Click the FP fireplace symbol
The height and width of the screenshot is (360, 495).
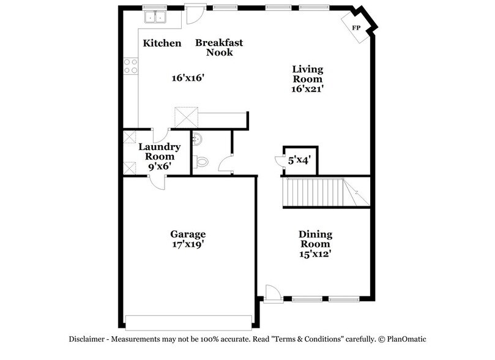click(355, 28)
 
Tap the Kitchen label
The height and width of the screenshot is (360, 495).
click(162, 43)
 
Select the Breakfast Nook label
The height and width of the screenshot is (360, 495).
click(219, 47)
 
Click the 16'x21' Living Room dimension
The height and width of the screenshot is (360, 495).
click(307, 89)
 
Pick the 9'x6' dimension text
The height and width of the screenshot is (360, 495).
click(159, 166)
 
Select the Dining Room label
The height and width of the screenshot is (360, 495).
click(315, 239)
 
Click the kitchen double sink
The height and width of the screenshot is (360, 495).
click(155, 17)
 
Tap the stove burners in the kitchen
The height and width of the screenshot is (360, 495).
click(130, 66)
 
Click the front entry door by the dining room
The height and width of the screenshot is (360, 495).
click(273, 294)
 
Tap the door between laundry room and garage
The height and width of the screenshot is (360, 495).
click(156, 181)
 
